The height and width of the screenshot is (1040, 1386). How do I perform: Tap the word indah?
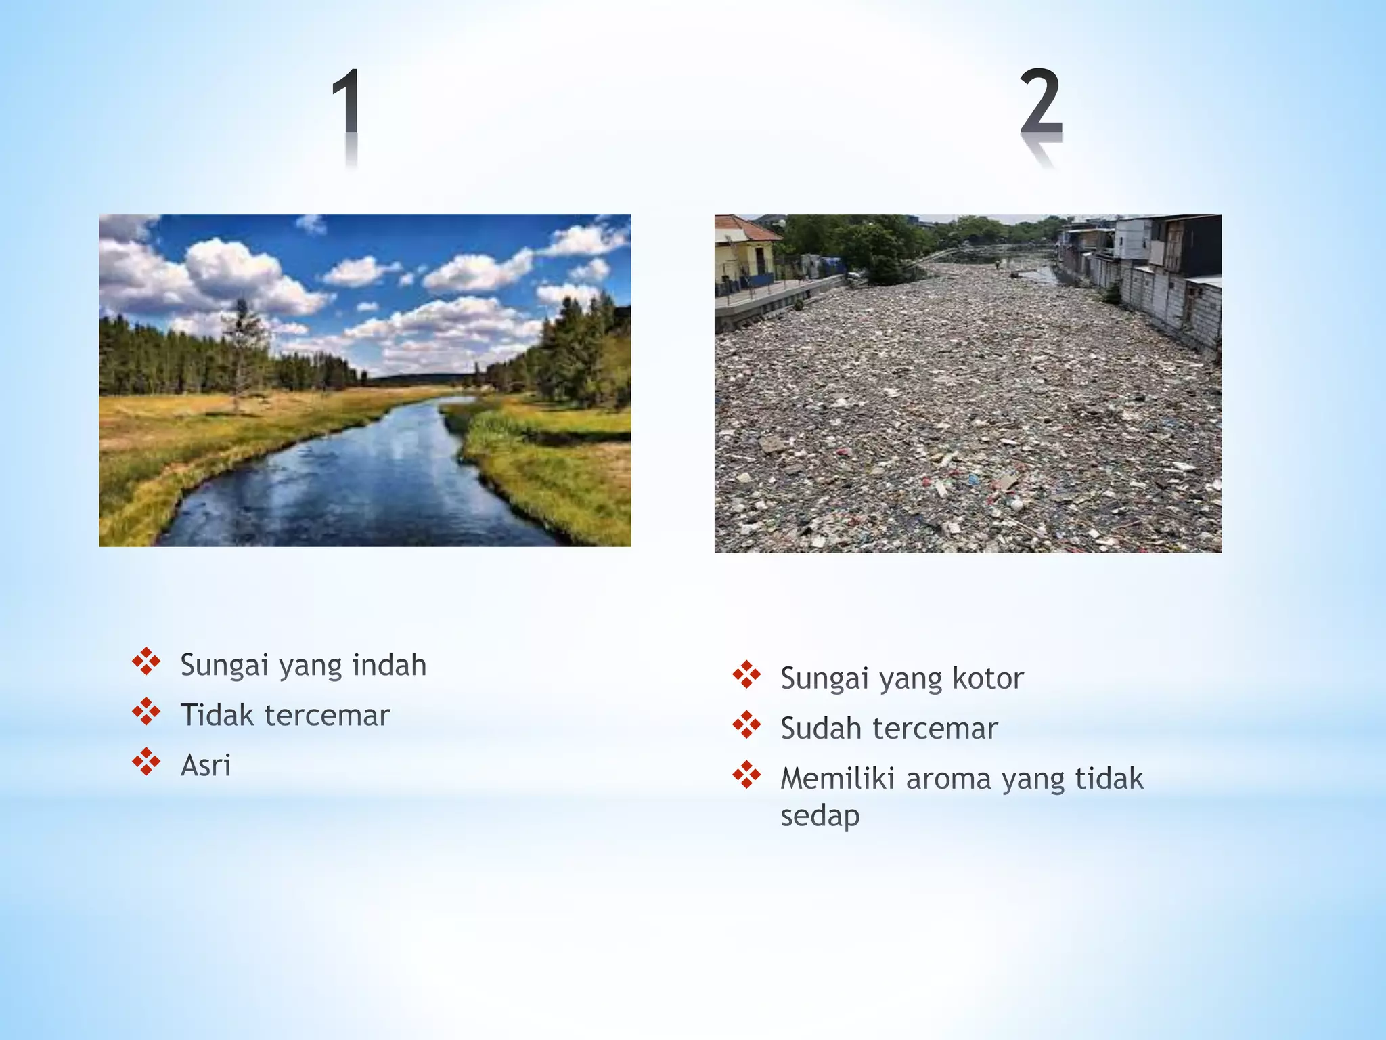pos(389,665)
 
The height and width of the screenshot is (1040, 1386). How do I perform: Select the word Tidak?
pos(216,715)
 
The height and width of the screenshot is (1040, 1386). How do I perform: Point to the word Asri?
pos(206,766)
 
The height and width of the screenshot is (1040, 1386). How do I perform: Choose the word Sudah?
pos(822,729)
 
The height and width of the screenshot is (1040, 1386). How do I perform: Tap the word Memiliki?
pos(838,779)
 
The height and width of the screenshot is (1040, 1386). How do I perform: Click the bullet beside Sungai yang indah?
pos(146,662)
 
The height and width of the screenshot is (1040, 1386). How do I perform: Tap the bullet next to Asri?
pos(146,762)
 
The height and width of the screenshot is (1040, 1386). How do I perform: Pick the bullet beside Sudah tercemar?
pos(746,724)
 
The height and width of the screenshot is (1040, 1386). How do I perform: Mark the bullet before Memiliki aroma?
pos(746,775)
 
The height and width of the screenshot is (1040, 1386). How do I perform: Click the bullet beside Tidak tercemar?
pos(146,712)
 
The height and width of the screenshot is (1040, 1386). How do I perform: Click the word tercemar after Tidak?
pos(327,716)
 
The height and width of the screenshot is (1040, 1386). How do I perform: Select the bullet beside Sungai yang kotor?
pos(746,674)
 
